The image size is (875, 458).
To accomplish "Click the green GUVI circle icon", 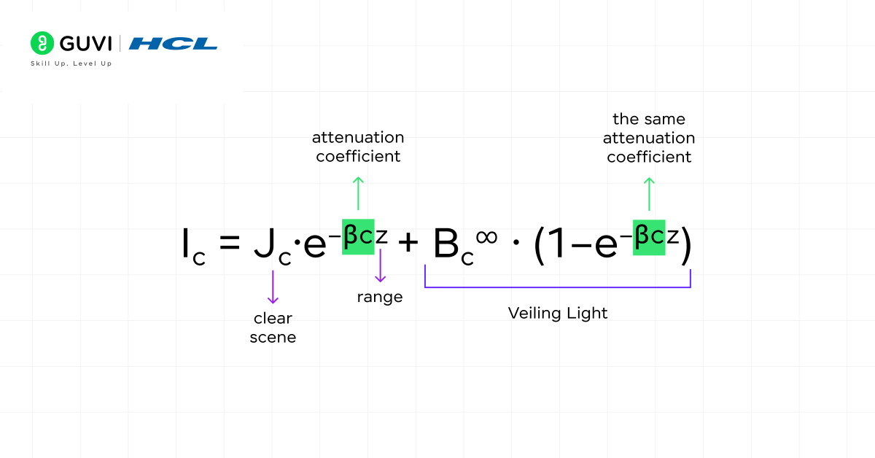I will (43, 43).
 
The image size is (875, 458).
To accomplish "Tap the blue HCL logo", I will (173, 44).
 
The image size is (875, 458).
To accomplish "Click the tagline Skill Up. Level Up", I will (71, 64).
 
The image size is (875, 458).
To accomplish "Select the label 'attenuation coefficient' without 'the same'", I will (358, 147).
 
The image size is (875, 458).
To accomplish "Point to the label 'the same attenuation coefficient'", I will (649, 138).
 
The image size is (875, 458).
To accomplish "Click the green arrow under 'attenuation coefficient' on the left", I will (357, 193).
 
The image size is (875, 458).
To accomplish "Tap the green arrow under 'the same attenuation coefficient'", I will (649, 193).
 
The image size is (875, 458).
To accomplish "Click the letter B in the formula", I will (447, 244).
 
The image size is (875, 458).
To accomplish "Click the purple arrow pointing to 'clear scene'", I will (273, 287).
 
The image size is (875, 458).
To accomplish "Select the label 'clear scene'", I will (273, 327).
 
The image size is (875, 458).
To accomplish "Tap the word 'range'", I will (379, 297).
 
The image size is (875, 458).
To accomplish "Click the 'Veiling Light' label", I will (558, 313).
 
